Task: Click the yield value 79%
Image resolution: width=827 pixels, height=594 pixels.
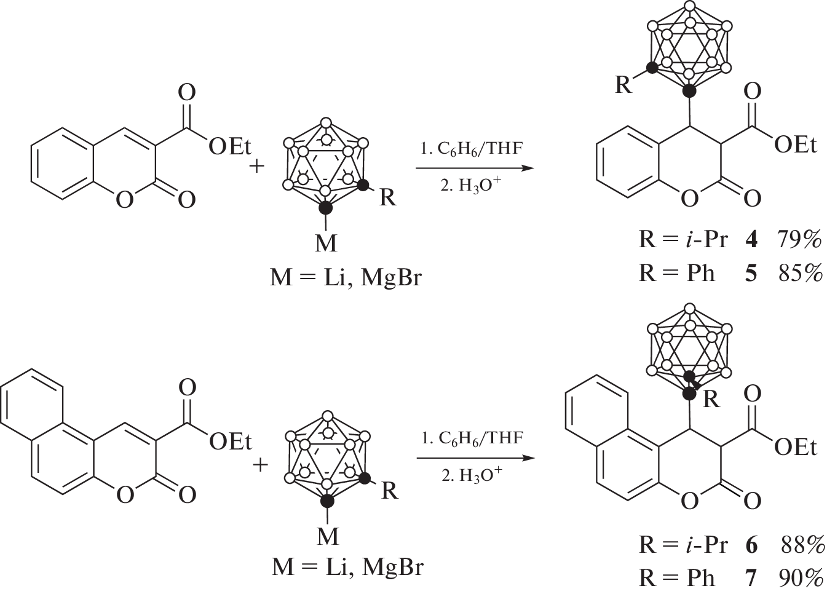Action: pos(799,239)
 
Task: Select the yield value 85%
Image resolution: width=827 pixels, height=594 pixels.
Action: pos(799,272)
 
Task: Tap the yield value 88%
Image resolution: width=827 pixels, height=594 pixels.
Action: pos(802,545)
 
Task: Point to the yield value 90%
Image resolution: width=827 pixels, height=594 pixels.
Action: pos(802,577)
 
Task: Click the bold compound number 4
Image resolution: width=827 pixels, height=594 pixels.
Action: pos(751,239)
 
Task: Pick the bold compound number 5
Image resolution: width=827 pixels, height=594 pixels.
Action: pos(751,272)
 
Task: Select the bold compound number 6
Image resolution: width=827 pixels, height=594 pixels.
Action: pos(751,545)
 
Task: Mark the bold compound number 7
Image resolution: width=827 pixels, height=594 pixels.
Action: pos(751,577)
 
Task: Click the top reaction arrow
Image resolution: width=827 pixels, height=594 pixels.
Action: pos(472,167)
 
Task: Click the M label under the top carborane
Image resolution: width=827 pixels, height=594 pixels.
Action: pos(326,244)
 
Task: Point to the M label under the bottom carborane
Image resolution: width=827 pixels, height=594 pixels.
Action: pos(328,536)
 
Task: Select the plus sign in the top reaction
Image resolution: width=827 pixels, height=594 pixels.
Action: pos(258,167)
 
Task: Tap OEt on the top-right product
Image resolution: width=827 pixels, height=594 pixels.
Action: pos(796,145)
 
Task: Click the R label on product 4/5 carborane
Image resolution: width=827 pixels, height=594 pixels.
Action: pos(623,85)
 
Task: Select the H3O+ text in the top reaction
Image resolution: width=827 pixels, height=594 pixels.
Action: pos(470,185)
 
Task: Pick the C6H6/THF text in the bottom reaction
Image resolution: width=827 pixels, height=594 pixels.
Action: pos(472,438)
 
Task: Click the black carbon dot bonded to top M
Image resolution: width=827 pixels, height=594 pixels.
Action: pos(326,208)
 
